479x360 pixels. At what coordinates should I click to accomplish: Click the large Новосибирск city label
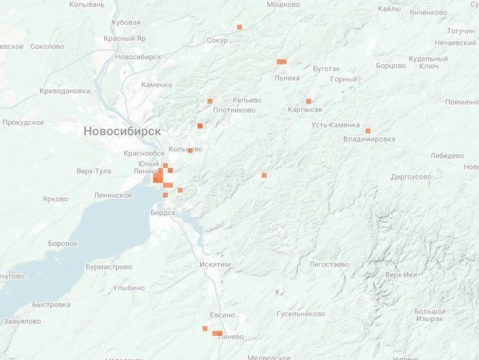[122, 131]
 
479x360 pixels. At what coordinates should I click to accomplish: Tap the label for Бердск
[162, 212]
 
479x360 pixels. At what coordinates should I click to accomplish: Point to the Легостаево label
[329, 264]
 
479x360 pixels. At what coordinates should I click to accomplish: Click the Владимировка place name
[369, 139]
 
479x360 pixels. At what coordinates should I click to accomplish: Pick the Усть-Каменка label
[335, 125]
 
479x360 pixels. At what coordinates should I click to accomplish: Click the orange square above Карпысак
[308, 101]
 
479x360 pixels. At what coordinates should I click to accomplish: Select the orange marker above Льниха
[281, 61]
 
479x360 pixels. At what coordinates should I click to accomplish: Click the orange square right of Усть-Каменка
[367, 131]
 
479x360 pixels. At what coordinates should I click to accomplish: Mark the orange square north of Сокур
[239, 27]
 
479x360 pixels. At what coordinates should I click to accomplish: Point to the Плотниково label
[234, 110]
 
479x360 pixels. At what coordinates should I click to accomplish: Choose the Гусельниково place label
[301, 314]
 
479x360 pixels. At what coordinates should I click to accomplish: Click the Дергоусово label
[411, 177]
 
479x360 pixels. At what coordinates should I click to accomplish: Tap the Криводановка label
[64, 91]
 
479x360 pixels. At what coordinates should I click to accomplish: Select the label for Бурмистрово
[109, 267]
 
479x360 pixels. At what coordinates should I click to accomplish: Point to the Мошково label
[283, 4]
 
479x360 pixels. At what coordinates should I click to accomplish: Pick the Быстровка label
[51, 305]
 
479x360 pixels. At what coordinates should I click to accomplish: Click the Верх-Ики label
[402, 275]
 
